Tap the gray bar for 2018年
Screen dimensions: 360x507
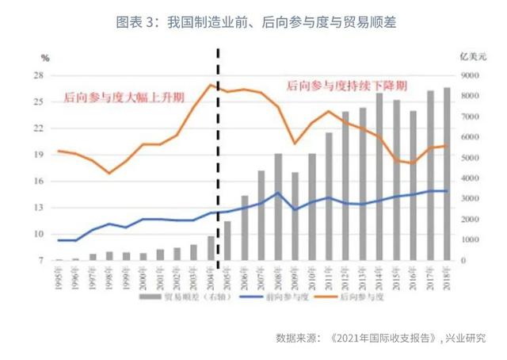coord(448,174)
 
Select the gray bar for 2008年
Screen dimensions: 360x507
coord(278,207)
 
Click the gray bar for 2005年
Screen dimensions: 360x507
coord(227,240)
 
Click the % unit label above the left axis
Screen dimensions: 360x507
coord(45,58)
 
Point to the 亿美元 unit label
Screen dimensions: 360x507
coord(471,57)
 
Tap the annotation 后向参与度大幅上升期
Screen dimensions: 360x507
coord(124,98)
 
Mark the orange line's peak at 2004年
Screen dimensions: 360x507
coord(210,85)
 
